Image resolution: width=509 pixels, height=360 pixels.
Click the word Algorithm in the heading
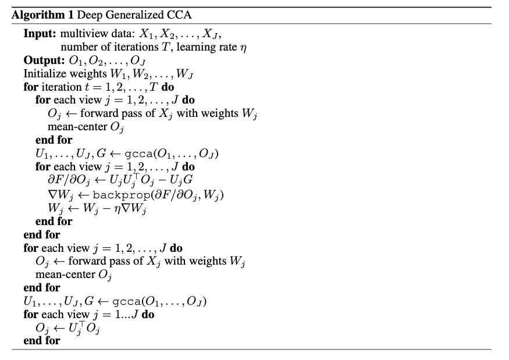34,15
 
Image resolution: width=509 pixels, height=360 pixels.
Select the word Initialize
44,74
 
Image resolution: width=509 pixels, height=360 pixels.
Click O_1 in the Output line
84,60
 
